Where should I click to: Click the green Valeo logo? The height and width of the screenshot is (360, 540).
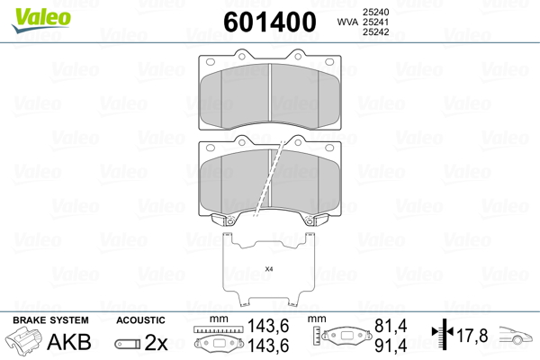point(41,19)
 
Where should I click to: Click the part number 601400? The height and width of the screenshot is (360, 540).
point(270,22)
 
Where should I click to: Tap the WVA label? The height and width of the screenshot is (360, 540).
point(347,22)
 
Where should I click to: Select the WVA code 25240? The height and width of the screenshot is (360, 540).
point(375,12)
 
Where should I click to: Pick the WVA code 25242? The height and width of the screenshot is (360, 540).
point(375,32)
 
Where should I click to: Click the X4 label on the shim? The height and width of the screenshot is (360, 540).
point(269,269)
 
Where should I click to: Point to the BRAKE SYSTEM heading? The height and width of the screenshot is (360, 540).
point(50,320)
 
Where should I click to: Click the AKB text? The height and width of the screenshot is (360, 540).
point(69,342)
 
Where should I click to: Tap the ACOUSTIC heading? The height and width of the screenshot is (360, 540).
point(140,320)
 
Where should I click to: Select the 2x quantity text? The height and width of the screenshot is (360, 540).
point(156,342)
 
